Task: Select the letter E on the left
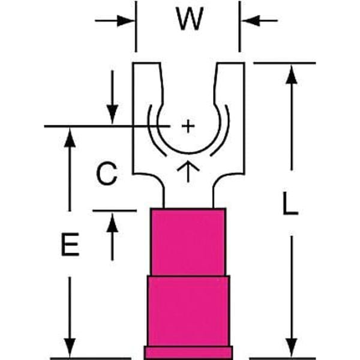click(x=71, y=246)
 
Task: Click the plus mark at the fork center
click(x=188, y=126)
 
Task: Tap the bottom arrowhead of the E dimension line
click(x=71, y=349)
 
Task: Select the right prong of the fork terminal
click(x=232, y=90)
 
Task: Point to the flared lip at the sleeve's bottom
click(x=188, y=353)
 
